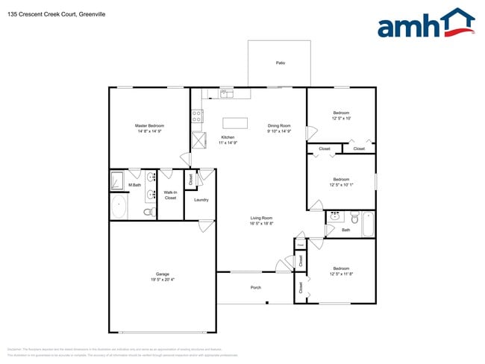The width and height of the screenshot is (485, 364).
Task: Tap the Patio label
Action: click(281, 63)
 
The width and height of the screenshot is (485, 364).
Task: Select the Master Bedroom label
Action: click(149, 125)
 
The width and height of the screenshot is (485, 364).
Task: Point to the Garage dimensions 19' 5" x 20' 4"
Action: click(162, 281)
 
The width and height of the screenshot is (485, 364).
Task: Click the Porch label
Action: click(256, 287)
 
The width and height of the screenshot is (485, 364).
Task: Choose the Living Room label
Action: click(261, 218)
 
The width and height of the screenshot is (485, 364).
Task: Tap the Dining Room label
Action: click(279, 125)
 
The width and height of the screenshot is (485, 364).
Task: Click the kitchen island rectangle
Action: click(235, 123)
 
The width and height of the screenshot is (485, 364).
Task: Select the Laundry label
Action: click(201, 200)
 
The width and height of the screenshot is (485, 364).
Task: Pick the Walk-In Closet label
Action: click(170, 195)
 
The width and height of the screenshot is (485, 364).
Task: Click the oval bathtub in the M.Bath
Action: click(119, 207)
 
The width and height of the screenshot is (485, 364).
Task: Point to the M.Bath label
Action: click(134, 185)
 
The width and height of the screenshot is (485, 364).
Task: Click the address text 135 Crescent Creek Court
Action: click(42, 13)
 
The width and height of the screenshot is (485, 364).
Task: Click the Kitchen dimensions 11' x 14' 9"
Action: click(228, 142)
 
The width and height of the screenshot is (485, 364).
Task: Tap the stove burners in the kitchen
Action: click(198, 116)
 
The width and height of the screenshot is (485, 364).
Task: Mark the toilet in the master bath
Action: click(148, 213)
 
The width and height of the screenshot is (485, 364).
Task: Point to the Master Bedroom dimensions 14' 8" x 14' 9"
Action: click(149, 131)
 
